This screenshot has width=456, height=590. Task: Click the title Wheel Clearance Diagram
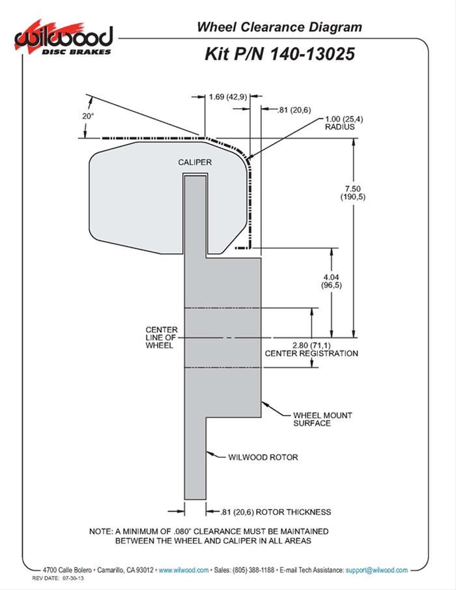pos(279,27)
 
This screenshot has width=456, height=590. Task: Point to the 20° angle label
pos(88,115)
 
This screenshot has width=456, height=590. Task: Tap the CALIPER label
pos(195,163)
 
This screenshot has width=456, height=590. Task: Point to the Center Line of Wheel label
pos(159,337)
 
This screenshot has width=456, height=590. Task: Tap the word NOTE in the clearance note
pos(102,531)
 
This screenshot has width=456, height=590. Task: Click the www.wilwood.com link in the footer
pos(184,570)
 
